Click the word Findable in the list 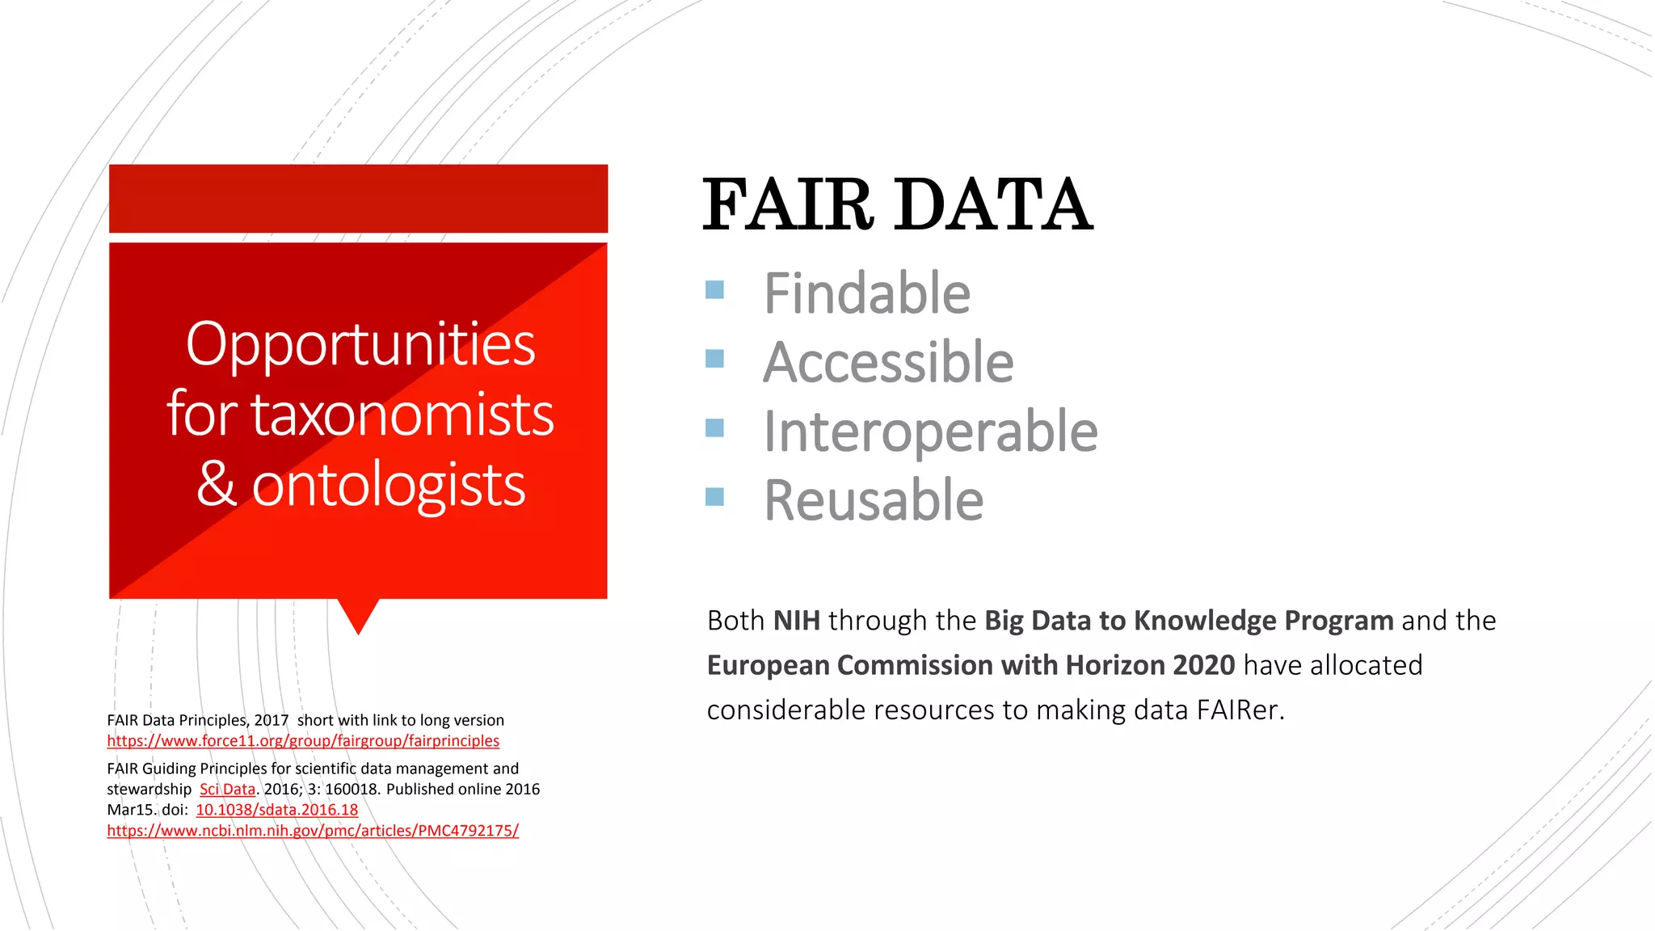click(866, 293)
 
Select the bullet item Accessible click(888, 362)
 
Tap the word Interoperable click(930, 432)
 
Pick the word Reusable click(874, 500)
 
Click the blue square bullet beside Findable click(714, 289)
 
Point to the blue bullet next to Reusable click(714, 496)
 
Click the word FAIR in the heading click(788, 206)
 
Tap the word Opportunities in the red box click(360, 344)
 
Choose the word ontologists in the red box click(389, 485)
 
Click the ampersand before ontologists click(217, 485)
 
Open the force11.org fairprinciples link click(303, 741)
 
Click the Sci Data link click(227, 790)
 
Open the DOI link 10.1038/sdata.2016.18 click(276, 810)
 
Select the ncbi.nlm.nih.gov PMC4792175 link click(313, 831)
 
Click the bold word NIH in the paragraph click(796, 621)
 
